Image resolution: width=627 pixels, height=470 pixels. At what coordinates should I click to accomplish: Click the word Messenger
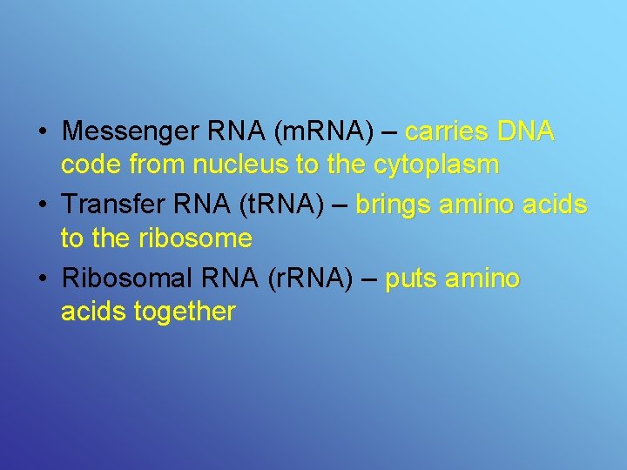pyautogui.click(x=131, y=132)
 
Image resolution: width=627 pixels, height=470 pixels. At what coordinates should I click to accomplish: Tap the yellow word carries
pyautogui.click(x=447, y=132)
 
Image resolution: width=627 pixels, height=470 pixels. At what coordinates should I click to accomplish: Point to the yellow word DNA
pyautogui.click(x=525, y=132)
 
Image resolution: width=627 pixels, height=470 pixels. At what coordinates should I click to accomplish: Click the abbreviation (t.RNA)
pyautogui.click(x=280, y=206)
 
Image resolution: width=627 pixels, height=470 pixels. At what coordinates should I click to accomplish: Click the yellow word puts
pyautogui.click(x=411, y=280)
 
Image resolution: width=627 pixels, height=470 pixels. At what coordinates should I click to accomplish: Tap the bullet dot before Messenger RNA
pyautogui.click(x=42, y=133)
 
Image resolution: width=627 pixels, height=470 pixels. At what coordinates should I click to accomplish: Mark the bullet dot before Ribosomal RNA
pyautogui.click(x=42, y=280)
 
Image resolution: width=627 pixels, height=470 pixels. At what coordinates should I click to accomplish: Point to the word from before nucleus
pyautogui.click(x=156, y=164)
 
